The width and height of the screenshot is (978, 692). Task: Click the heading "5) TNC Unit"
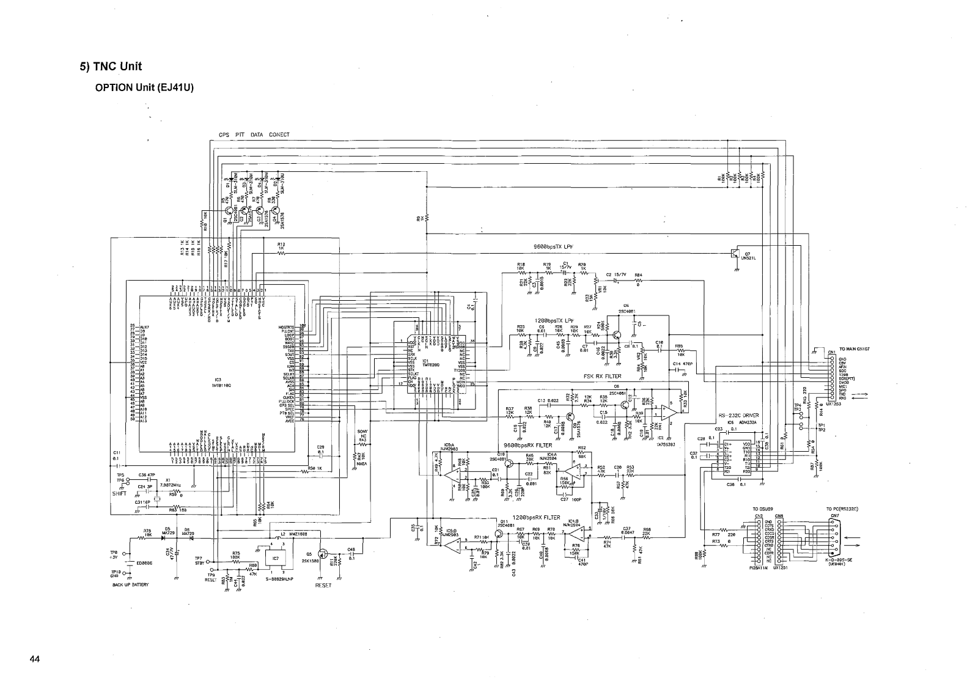[111, 67]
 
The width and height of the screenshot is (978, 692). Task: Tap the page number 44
[34, 659]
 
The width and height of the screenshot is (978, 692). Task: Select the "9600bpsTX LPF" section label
[556, 247]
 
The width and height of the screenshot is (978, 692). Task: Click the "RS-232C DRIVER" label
[738, 415]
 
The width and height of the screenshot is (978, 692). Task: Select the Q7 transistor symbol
[735, 254]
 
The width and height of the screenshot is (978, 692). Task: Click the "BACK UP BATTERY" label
[130, 584]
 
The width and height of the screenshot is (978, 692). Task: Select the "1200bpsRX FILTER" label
[536, 517]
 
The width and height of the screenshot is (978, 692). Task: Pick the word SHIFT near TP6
[119, 493]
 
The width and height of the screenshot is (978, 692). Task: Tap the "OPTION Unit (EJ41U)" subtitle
[144, 87]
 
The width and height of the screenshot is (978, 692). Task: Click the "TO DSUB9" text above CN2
[764, 508]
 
